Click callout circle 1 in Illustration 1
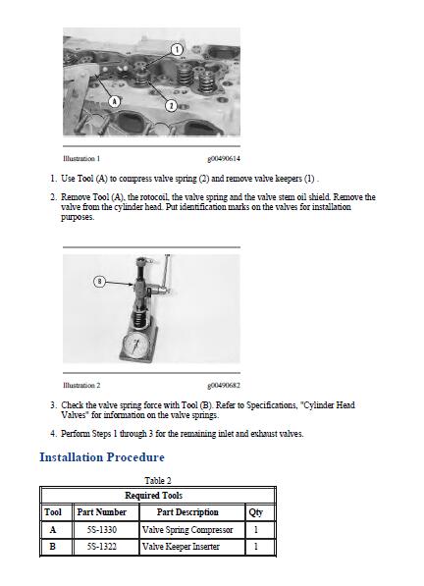click(177, 50)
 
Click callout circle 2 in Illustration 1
click(171, 106)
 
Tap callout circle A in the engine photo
click(115, 101)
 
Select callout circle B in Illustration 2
click(99, 282)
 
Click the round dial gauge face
click(137, 345)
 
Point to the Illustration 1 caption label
click(81, 158)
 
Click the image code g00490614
click(224, 158)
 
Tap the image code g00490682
click(224, 386)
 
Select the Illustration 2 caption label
click(81, 386)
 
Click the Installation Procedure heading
click(102, 457)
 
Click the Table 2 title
click(158, 480)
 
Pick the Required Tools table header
click(153, 496)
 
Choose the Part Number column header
click(102, 512)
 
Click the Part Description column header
click(187, 512)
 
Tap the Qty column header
click(256, 512)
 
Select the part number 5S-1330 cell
click(102, 530)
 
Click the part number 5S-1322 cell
click(102, 547)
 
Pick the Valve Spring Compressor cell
click(187, 530)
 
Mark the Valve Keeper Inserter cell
click(181, 547)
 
